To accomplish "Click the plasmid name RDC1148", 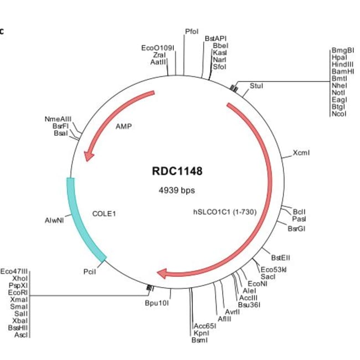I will [177, 171].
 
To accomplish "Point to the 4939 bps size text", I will [177, 190].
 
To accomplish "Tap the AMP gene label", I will [124, 126].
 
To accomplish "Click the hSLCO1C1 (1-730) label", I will [224, 212].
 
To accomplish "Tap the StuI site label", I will [256, 86].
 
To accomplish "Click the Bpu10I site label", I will [157, 303].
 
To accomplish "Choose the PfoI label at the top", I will [192, 31].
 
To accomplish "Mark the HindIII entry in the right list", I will [342, 64].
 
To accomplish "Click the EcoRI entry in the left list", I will [18, 291].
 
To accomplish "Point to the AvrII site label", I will [232, 311].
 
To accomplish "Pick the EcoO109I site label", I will [158, 48].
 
